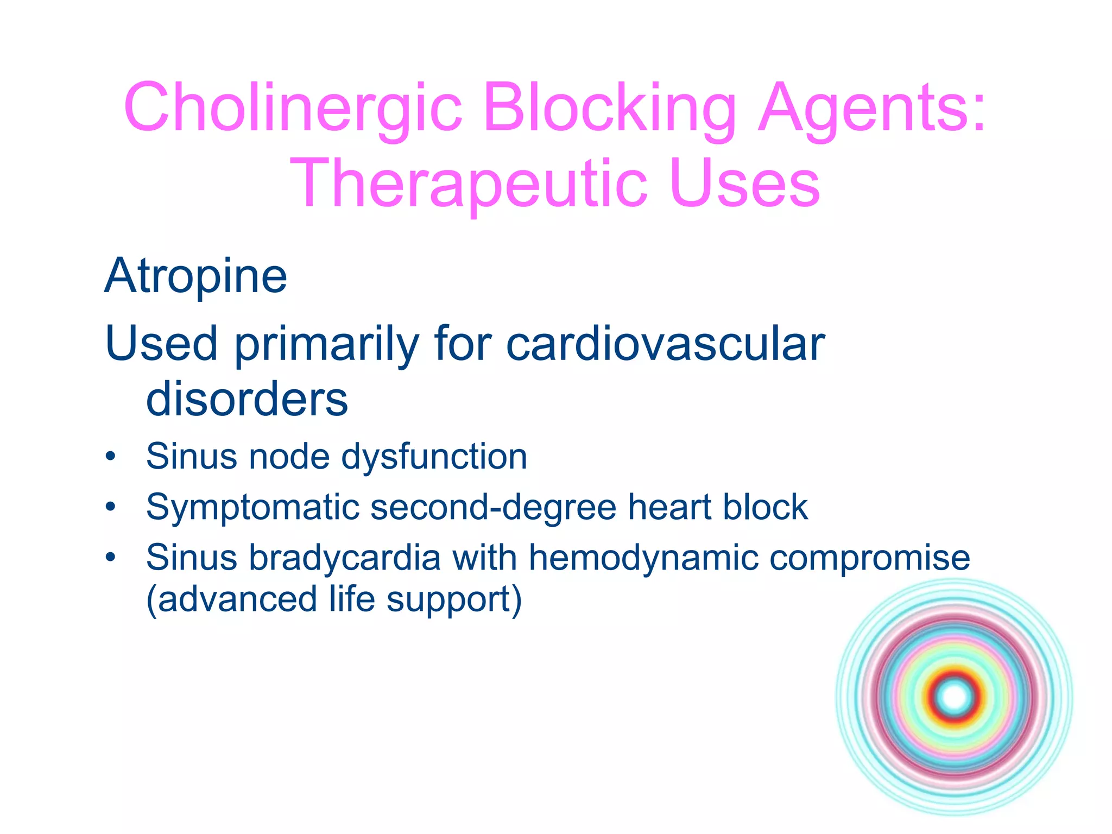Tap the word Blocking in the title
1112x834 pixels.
609,107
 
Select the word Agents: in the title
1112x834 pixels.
872,107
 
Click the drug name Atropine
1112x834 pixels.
195,276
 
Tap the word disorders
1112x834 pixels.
247,399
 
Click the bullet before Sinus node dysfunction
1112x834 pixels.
111,456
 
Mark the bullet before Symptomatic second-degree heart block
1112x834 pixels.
111,507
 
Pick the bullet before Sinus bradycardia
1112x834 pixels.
111,558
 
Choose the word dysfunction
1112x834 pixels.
434,456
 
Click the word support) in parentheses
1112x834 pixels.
454,600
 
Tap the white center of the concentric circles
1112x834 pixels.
954,697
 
